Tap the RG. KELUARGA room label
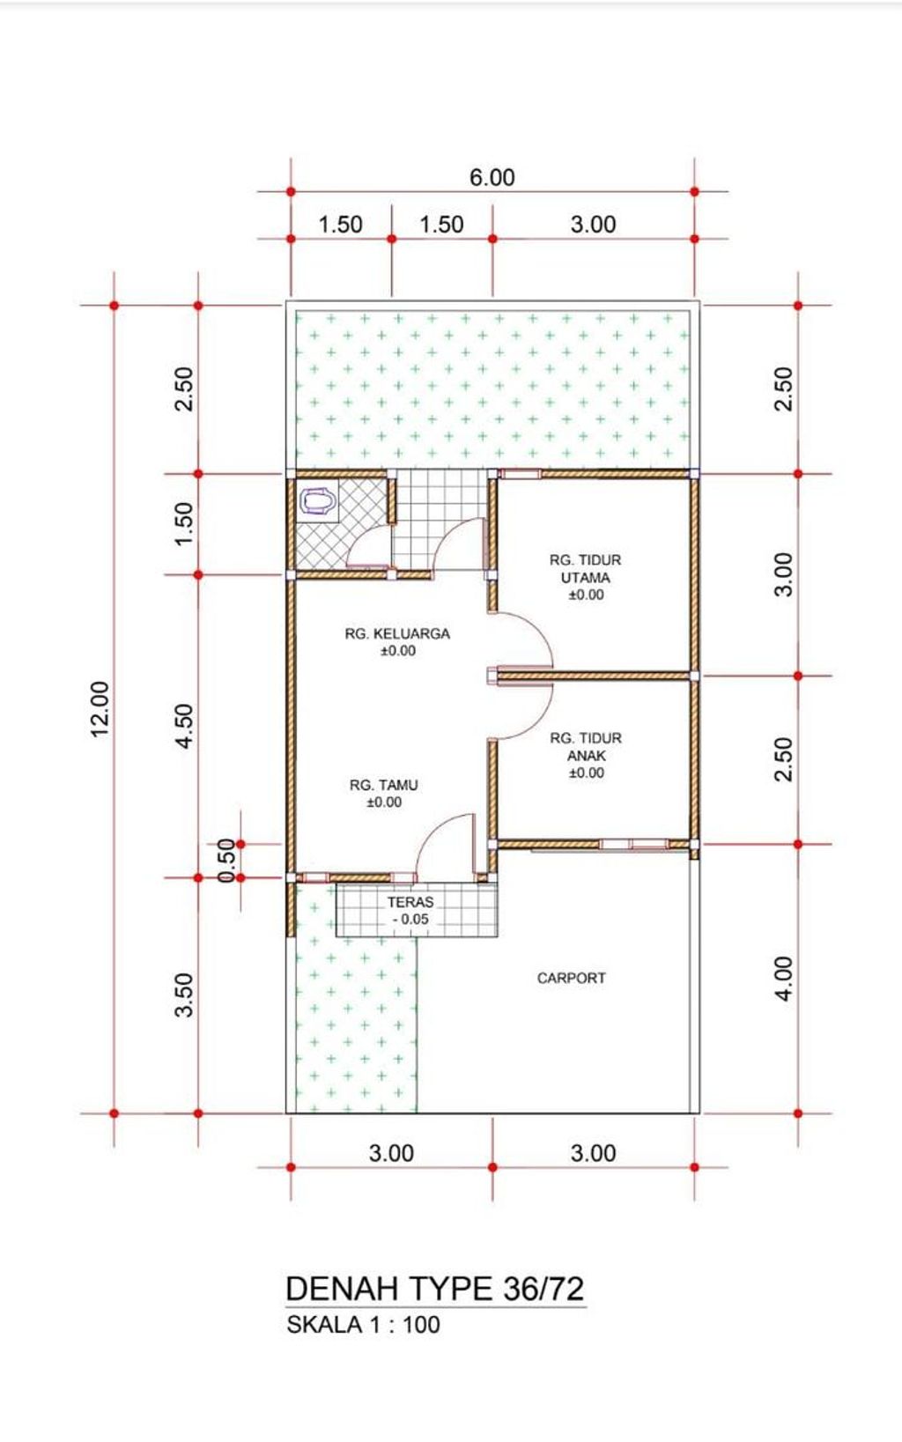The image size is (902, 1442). [397, 642]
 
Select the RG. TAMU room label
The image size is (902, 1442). [384, 793]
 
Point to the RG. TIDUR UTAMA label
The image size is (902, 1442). [585, 577]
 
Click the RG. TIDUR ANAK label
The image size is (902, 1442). [586, 755]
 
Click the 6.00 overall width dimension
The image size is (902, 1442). [492, 177]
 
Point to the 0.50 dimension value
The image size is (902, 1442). [226, 861]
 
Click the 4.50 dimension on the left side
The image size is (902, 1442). [184, 726]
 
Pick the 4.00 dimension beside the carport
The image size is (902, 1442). [784, 979]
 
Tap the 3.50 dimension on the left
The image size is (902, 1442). [184, 995]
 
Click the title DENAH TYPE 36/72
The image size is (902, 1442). [435, 1288]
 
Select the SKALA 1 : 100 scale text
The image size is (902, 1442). [363, 1325]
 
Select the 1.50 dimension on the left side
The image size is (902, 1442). [184, 523]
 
